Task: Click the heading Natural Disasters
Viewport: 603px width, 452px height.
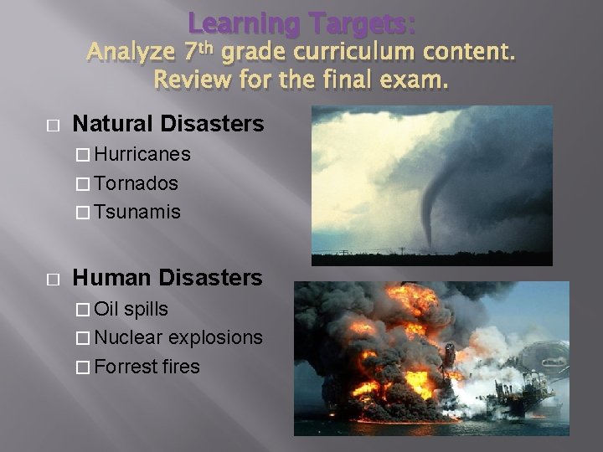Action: point(168,125)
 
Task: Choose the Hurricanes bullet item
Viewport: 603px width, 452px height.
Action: point(142,155)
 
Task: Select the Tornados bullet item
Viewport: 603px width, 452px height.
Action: point(136,183)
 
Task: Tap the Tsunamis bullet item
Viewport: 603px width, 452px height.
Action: point(137,212)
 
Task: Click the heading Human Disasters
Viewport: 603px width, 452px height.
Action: point(167,277)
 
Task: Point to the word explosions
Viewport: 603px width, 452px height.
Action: point(215,337)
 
